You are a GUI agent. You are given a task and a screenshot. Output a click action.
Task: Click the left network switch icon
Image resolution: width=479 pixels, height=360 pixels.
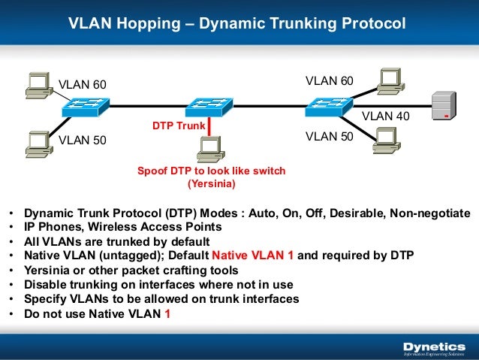[x=84, y=108]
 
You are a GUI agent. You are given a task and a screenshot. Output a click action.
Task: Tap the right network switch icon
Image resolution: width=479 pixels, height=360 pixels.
[x=327, y=108]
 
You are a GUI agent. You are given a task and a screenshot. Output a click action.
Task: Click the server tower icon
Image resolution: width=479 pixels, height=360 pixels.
[x=444, y=107]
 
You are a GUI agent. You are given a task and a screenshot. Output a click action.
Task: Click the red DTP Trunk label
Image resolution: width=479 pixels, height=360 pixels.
[x=178, y=126]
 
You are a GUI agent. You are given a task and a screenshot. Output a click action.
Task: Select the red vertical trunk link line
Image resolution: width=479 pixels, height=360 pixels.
[x=209, y=125]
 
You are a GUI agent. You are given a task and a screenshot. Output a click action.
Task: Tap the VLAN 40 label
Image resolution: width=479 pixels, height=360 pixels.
[x=386, y=116]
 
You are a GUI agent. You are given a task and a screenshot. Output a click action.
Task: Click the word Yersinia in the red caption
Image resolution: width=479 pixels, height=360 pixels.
[x=211, y=183]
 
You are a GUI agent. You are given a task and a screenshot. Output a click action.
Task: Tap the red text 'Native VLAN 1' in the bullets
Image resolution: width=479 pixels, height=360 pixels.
[x=252, y=254]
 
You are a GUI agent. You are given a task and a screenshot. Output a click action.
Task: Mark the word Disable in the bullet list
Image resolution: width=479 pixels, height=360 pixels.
[x=44, y=284]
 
